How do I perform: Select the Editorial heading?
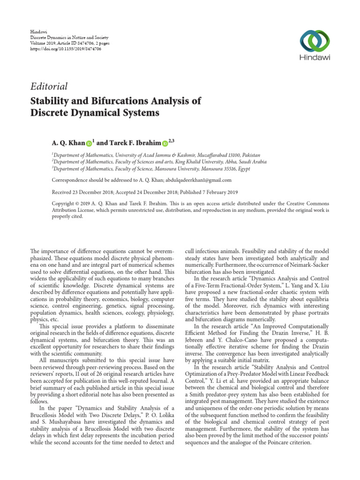pyautogui.click(x=49, y=86)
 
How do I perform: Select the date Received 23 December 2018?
pyautogui.click(x=81, y=192)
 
